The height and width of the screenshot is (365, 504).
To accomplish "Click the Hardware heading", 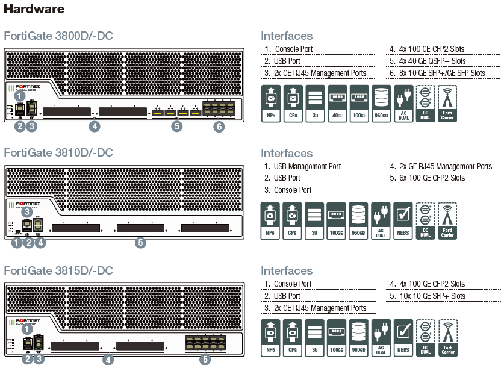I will coord(34,10).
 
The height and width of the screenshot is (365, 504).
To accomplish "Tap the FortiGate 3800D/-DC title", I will coord(58,36).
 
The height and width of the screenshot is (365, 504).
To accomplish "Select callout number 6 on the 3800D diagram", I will coord(219,127).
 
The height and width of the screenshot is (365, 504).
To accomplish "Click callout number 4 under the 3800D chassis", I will coord(94,126).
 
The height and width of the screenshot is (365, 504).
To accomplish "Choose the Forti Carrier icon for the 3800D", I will coord(447,103).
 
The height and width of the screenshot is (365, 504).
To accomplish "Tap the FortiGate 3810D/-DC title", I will coord(58,153).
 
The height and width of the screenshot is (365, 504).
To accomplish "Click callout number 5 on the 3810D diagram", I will coord(140,243).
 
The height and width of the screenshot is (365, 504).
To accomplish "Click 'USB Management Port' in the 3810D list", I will coord(307,166).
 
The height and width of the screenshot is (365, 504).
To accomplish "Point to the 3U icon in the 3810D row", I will coord(314,220).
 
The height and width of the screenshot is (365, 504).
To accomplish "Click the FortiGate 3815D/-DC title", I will coord(58,270).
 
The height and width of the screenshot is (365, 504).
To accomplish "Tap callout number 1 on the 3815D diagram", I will coord(26,329).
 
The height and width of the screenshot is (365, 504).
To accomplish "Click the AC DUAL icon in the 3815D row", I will coord(381,337).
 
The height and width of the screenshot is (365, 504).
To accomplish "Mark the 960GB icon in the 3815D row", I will coord(359,337).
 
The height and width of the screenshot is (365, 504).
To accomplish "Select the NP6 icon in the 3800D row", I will coord(271,103).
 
